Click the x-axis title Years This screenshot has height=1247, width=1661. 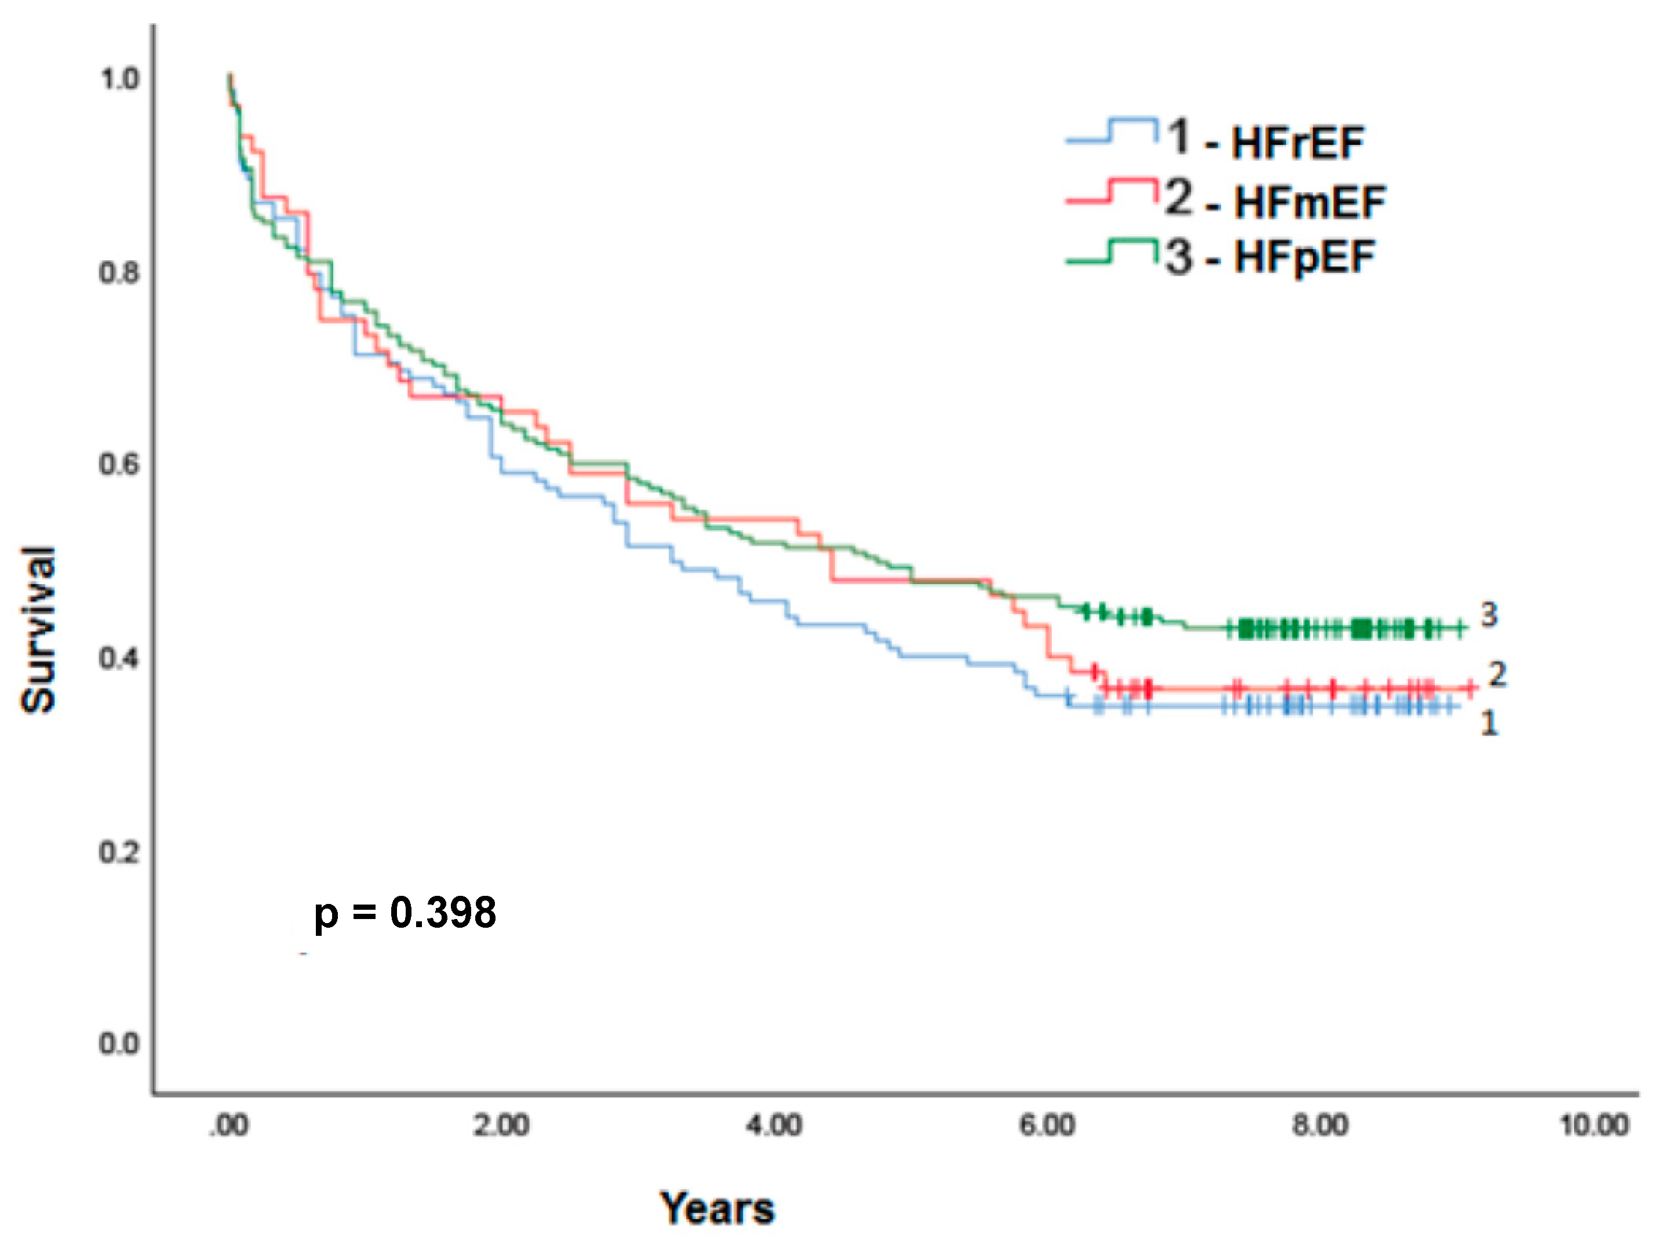coord(717,1209)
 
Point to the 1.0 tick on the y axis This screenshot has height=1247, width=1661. coord(119,79)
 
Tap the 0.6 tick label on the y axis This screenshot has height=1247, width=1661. coord(119,465)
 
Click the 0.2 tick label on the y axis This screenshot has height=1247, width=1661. coord(119,852)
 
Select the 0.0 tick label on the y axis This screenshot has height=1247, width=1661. coord(119,1044)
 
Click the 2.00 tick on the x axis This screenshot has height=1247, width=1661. coord(501,1125)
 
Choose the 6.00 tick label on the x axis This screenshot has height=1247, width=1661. coord(1047,1125)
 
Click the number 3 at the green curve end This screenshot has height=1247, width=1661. coord(1489,615)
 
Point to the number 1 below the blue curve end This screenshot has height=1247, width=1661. coord(1489,723)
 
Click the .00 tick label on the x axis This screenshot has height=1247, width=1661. coord(228,1125)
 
